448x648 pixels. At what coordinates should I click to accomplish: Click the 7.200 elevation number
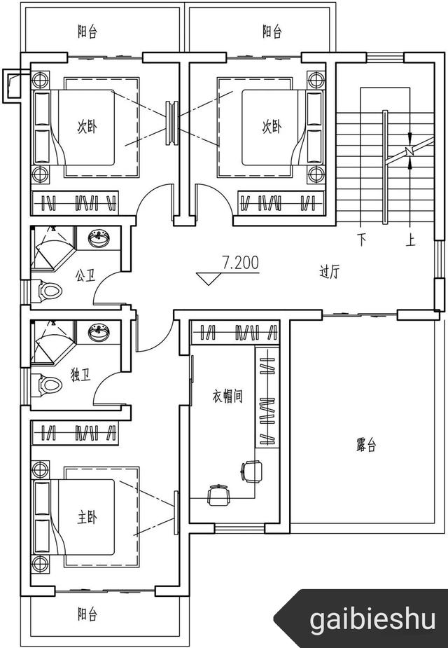(x=240, y=263)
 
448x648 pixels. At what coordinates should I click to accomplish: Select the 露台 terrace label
(x=366, y=445)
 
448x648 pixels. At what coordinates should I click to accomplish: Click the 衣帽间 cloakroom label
(x=227, y=397)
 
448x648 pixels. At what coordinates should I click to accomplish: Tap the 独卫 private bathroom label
(x=81, y=375)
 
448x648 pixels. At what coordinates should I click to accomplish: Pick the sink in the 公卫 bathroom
(x=99, y=240)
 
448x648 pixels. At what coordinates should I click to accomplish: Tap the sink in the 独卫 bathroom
(x=99, y=333)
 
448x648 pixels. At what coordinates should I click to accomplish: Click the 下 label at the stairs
(x=362, y=240)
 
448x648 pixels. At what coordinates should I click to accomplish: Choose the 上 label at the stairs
(x=410, y=240)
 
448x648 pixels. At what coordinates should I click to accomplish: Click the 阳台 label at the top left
(x=87, y=32)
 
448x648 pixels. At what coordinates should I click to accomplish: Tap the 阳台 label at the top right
(x=272, y=32)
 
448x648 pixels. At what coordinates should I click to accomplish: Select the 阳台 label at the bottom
(x=87, y=615)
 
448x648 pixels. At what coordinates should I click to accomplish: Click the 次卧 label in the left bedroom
(x=87, y=127)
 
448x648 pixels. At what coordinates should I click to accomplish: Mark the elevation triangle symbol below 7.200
(x=208, y=278)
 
